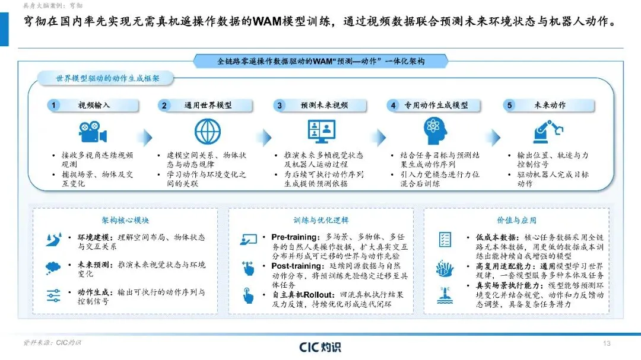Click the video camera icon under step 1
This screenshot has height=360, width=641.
(x=93, y=132)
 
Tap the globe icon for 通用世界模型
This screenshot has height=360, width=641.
(x=208, y=132)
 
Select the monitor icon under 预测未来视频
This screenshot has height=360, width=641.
(x=322, y=131)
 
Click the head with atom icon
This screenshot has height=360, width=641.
(x=435, y=130)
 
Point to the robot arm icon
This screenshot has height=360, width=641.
(x=548, y=131)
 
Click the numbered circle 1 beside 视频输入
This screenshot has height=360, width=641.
(x=53, y=106)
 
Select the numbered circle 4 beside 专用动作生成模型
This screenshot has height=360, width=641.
(x=393, y=106)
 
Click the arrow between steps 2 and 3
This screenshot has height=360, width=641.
(x=266, y=138)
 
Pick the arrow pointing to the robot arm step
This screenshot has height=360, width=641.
(x=496, y=138)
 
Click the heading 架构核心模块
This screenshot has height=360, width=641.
(x=125, y=220)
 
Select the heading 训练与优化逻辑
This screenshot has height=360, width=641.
(x=321, y=220)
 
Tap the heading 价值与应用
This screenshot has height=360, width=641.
(x=516, y=220)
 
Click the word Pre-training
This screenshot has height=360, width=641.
(x=295, y=237)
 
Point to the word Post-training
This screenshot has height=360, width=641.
(x=297, y=266)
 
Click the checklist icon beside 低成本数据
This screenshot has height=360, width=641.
(x=445, y=240)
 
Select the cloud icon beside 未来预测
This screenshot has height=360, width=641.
(x=53, y=267)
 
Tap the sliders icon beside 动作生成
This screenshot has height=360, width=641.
(x=53, y=295)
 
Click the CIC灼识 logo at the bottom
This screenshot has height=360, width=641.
(x=320, y=347)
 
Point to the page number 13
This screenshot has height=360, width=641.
(x=607, y=343)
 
